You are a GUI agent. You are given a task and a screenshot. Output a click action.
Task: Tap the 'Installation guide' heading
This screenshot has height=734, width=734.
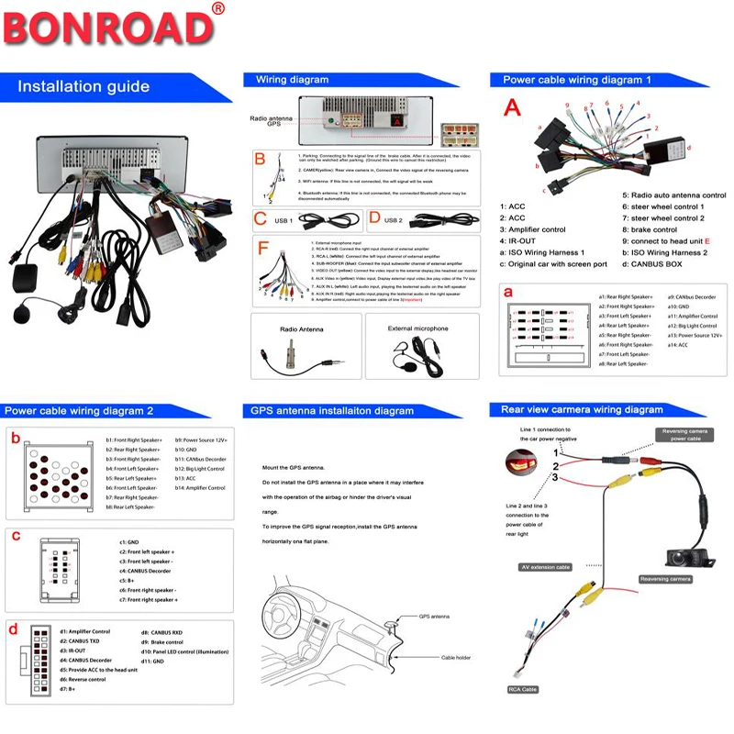[x=83, y=87]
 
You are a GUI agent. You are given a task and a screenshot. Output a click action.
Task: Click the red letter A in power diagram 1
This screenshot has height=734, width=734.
[x=512, y=107]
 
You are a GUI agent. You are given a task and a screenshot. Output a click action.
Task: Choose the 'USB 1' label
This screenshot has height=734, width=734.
[x=284, y=220]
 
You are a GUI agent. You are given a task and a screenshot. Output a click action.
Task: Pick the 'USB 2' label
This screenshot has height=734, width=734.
[x=394, y=220]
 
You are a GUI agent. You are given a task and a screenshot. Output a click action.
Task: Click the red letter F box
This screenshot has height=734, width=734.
[x=263, y=249]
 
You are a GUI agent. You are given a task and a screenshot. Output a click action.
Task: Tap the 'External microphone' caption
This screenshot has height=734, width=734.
[x=417, y=328]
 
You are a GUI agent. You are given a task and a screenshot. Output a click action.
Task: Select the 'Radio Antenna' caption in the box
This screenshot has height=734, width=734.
[x=301, y=328]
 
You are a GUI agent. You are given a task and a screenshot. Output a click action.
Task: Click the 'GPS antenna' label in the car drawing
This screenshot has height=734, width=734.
[x=430, y=617]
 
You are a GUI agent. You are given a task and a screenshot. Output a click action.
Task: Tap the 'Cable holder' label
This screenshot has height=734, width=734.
[x=456, y=658]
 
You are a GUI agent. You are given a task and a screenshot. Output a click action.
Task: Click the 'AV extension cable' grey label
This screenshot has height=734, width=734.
[x=545, y=567]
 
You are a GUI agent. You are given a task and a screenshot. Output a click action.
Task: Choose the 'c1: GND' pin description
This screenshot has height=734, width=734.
[x=129, y=542]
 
